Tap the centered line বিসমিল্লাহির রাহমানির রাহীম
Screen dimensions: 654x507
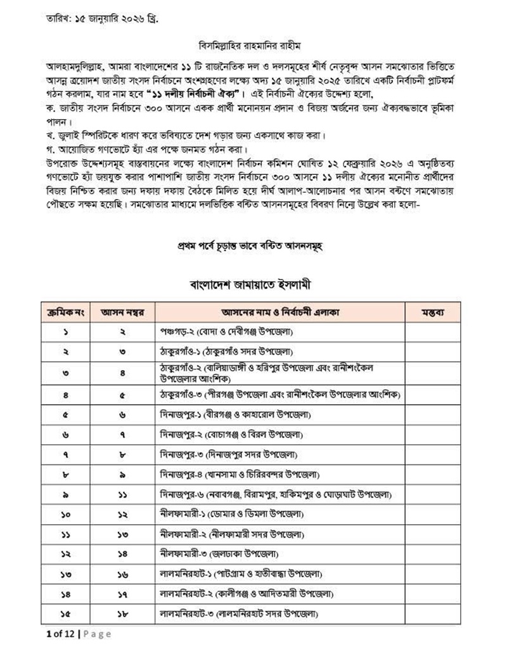click(253, 46)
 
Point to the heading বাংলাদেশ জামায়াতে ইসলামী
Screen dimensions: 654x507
click(253, 283)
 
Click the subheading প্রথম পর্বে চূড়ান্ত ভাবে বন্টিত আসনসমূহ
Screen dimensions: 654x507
click(253, 246)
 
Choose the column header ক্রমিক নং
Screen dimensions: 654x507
click(65, 312)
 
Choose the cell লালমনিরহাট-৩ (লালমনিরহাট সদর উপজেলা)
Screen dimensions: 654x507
click(239, 613)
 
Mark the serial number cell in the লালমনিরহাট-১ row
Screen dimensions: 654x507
click(65, 574)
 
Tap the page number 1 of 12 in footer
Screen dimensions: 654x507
click(61, 634)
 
